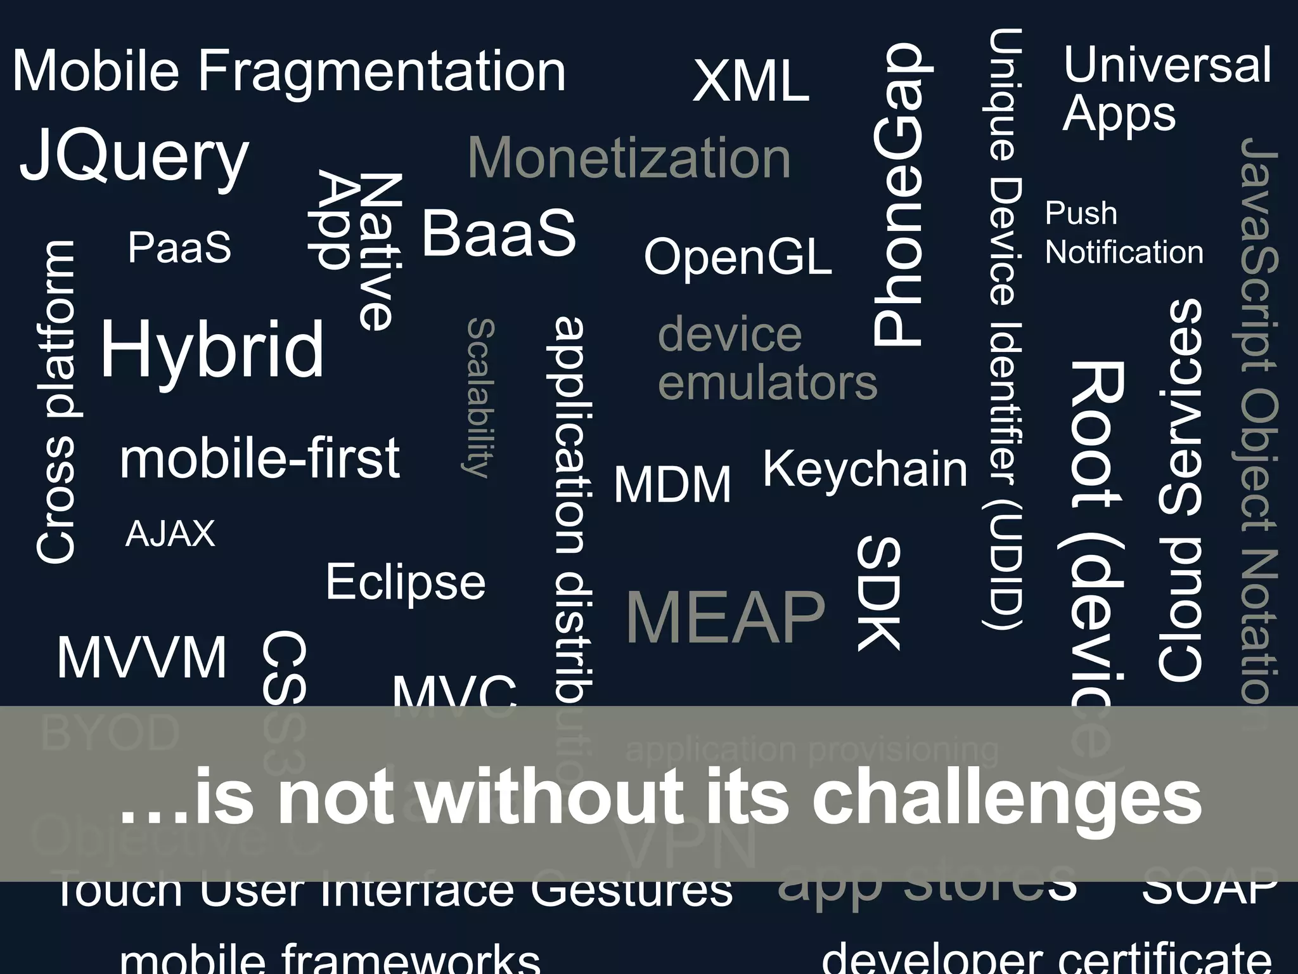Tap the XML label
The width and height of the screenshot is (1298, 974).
point(751,81)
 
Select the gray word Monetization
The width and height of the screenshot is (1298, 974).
point(629,159)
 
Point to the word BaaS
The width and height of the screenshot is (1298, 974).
point(499,233)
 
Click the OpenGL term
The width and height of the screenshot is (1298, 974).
point(738,257)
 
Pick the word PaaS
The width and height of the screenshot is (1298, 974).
point(179,247)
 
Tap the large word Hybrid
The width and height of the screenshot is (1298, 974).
point(212,350)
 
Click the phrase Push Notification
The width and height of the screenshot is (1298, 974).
point(1123,233)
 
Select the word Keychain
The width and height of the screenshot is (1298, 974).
point(865,469)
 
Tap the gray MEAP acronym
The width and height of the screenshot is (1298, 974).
point(726,617)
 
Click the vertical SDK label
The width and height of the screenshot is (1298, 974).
point(879,594)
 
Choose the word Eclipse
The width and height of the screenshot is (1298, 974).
point(406,582)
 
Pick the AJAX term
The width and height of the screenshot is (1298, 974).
point(170,534)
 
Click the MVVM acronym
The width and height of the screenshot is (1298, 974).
point(142,658)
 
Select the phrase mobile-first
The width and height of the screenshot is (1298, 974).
point(260,458)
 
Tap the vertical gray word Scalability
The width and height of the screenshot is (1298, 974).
point(480,398)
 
